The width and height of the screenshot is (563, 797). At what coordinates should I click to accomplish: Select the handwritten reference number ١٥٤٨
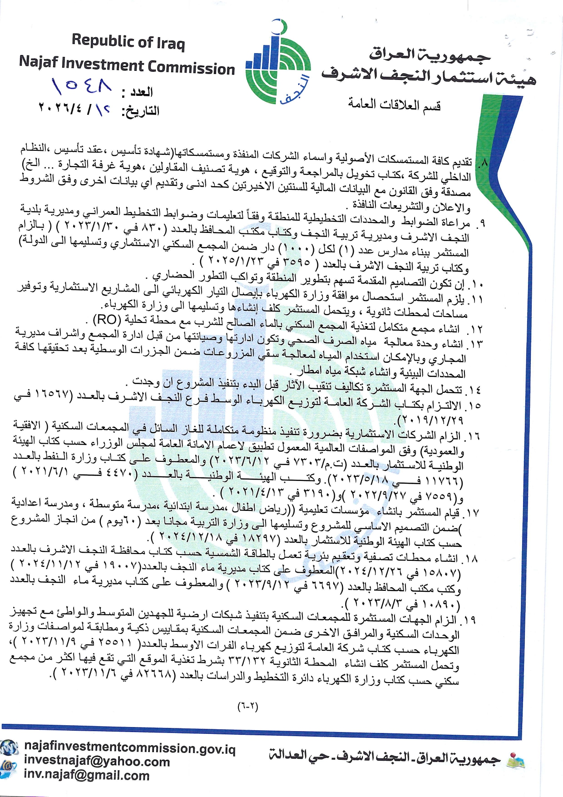[x=82, y=85]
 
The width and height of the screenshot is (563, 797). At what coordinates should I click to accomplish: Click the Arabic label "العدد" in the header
[x=142, y=92]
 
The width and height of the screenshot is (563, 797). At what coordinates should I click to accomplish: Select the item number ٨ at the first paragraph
[x=483, y=162]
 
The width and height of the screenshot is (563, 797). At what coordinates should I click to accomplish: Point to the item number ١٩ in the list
[x=469, y=619]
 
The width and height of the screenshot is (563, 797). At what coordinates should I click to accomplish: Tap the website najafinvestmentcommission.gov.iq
[x=130, y=748]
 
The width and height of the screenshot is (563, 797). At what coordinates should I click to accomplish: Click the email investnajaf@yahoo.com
[x=97, y=762]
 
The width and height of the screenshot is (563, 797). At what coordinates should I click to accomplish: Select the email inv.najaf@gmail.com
[x=87, y=775]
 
